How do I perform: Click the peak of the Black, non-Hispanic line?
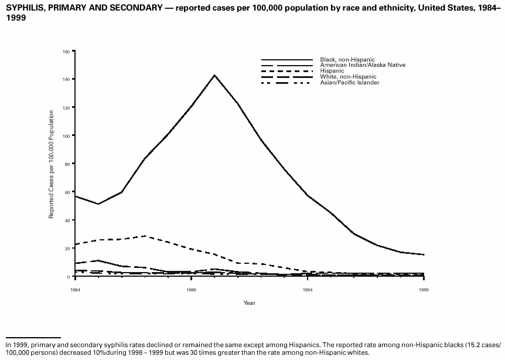pos(215,75)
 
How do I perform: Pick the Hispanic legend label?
pos(332,71)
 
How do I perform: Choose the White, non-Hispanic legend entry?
pos(348,77)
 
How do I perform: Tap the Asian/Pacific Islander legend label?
pos(350,83)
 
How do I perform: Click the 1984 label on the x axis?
pos(76,290)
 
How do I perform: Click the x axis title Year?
pos(250,303)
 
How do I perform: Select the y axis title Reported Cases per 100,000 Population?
pos(52,165)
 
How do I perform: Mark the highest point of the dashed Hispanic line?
pos(145,236)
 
